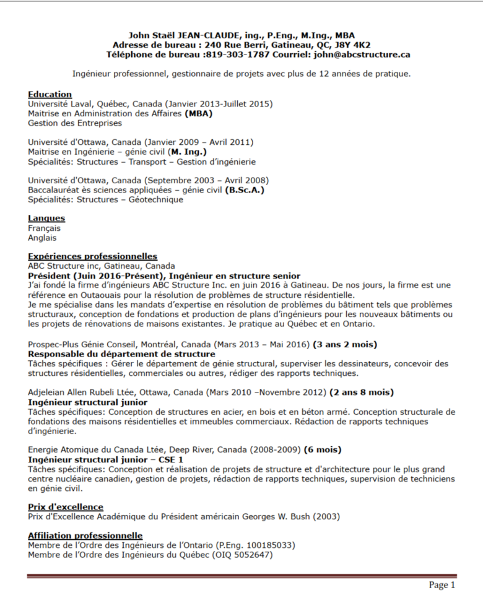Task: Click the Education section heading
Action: pyautogui.click(x=50, y=94)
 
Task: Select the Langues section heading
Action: pyautogui.click(x=46, y=219)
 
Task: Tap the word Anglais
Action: pyautogui.click(x=42, y=238)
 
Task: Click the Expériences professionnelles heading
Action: pyautogui.click(x=92, y=256)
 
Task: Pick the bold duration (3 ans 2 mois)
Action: pyautogui.click(x=346, y=344)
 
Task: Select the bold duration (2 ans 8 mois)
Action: pyautogui.click(x=362, y=393)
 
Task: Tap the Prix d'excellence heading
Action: pyautogui.click(x=66, y=507)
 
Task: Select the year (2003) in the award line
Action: pyautogui.click(x=326, y=516)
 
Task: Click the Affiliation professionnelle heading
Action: pyautogui.click(x=85, y=536)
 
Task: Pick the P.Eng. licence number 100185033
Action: pyautogui.click(x=271, y=545)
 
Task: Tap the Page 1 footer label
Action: pyautogui.click(x=442, y=586)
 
